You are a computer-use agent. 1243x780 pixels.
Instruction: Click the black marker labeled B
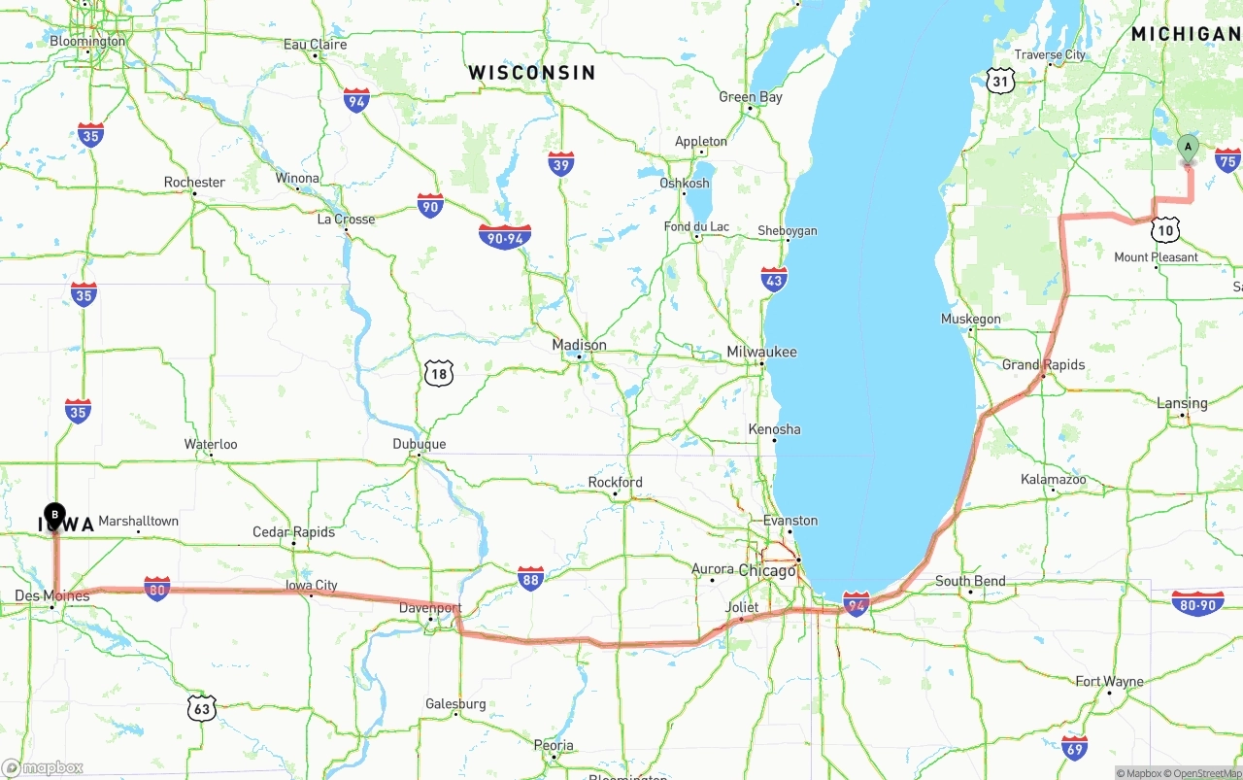click(x=55, y=514)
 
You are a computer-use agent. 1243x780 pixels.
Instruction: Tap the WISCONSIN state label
click(x=531, y=73)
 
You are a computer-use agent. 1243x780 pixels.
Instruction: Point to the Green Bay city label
click(x=751, y=97)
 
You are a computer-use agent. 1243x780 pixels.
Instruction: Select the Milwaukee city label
click(x=762, y=353)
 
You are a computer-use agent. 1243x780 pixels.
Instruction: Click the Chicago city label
click(x=767, y=570)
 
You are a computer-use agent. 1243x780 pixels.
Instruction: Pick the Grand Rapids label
click(x=1044, y=365)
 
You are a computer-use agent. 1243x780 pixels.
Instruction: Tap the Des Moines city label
click(x=52, y=595)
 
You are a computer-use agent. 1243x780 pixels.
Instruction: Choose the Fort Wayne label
click(x=1109, y=682)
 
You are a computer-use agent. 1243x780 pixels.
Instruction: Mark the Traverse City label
click(x=1050, y=55)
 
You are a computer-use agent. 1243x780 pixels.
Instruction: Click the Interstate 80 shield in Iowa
click(x=156, y=588)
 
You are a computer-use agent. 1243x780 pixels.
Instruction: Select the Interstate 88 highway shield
click(x=530, y=579)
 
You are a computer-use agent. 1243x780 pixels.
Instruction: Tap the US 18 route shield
click(x=438, y=371)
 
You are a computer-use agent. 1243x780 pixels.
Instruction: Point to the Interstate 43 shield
click(x=774, y=280)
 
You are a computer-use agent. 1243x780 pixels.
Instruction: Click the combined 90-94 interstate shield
click(x=505, y=236)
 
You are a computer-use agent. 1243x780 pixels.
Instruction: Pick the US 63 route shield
click(x=201, y=708)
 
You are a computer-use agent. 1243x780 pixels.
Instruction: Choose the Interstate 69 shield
click(x=1074, y=747)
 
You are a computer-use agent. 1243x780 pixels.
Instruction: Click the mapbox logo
click(x=43, y=768)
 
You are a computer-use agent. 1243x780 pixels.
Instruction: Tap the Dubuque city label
click(x=420, y=445)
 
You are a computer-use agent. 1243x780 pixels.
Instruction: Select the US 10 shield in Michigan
click(x=1166, y=230)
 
